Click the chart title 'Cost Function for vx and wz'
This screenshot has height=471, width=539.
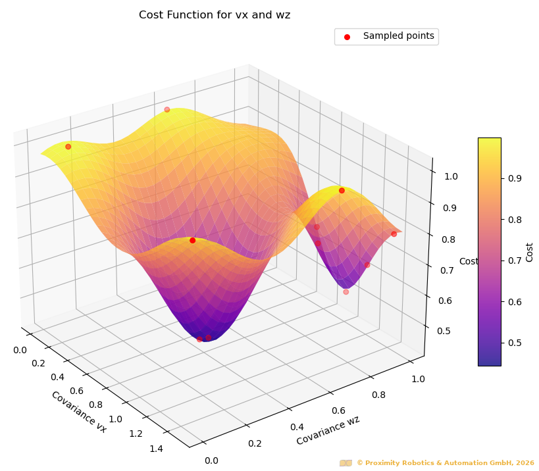coord(215,15)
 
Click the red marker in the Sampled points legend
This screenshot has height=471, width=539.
coord(347,37)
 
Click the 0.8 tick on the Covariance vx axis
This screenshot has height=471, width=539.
coord(95,405)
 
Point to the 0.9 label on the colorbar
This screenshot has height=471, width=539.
coord(515,178)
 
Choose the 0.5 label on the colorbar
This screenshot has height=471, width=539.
coord(515,343)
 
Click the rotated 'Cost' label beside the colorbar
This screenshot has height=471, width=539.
coord(530,252)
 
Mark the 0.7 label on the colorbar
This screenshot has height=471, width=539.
coord(515,260)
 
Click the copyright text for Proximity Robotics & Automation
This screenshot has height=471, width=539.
coord(445,463)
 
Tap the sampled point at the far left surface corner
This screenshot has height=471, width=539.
coord(68,147)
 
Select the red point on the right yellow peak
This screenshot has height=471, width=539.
coord(342,191)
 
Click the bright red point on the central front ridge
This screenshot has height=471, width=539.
coord(192,241)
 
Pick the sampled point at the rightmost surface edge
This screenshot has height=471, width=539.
coord(394,234)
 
